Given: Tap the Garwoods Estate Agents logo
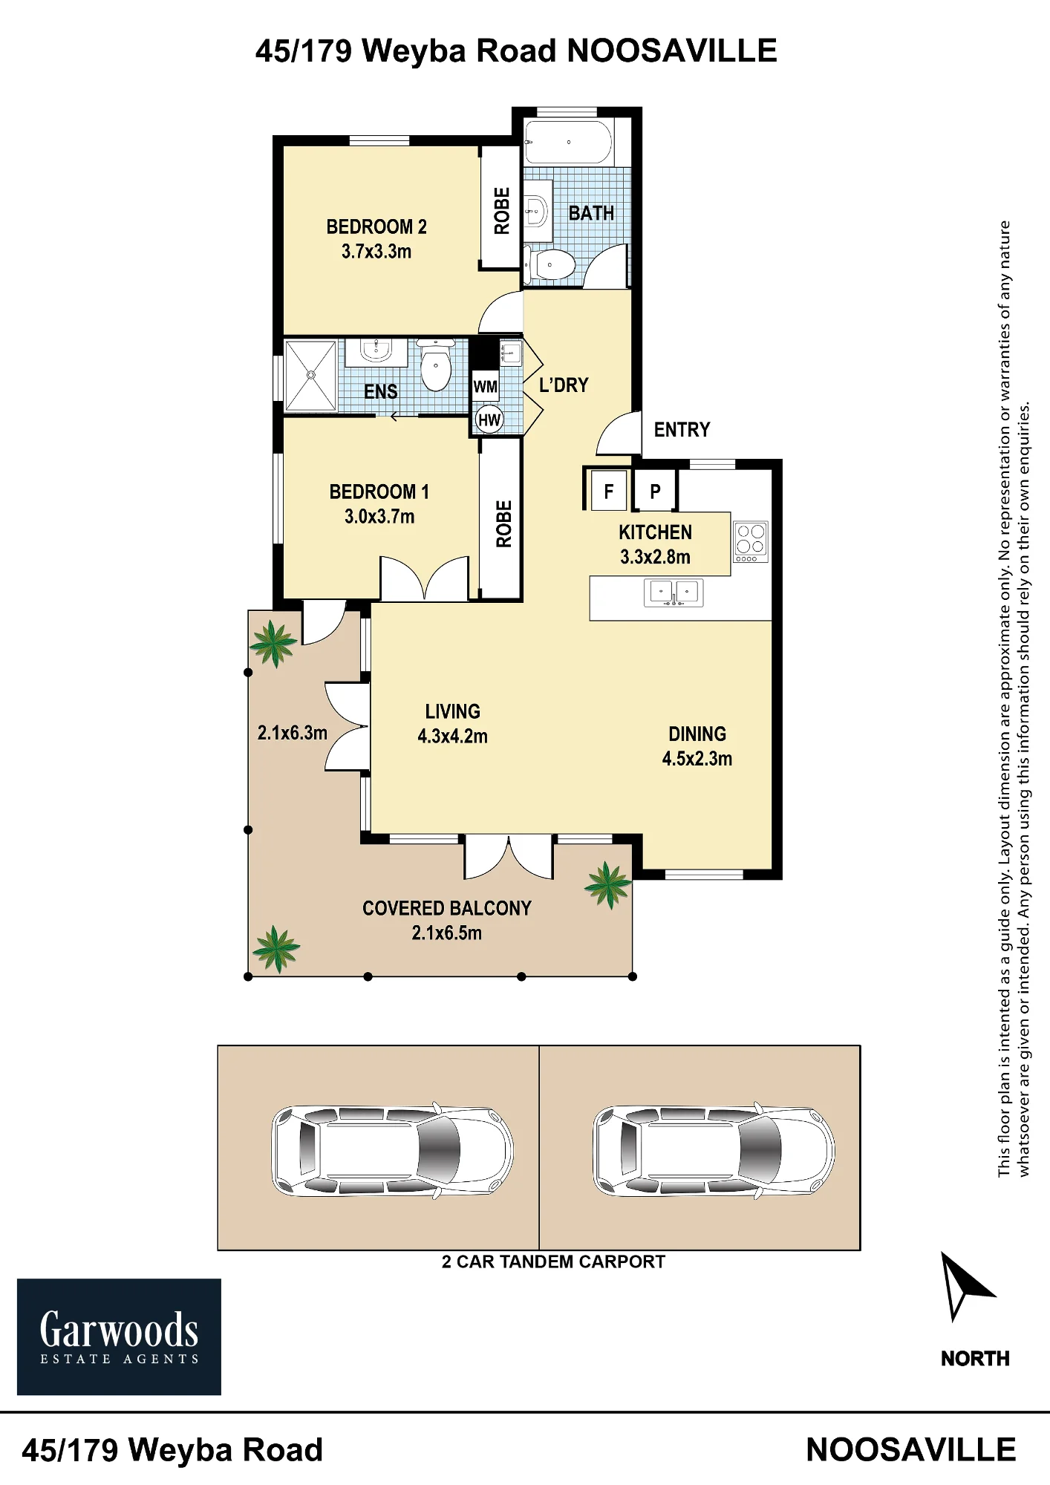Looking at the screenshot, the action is tap(119, 1336).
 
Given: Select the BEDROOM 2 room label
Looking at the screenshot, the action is tap(376, 226).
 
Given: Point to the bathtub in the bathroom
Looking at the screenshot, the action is tap(569, 142).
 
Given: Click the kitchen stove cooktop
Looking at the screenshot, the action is tap(750, 542).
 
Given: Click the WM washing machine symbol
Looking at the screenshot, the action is tap(486, 387).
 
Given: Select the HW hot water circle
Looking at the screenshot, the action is tap(489, 420).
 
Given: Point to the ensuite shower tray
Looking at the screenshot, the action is tap(310, 375).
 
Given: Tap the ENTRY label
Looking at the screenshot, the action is tap(682, 429).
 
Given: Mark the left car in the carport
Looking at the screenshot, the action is tap(393, 1150).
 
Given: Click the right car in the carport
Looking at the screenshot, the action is tap(714, 1150).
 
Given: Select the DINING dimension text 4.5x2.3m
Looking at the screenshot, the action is tap(697, 759).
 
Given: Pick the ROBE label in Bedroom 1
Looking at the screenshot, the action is tap(503, 523).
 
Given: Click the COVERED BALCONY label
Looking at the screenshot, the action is tap(447, 908).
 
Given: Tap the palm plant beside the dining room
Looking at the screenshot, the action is tap(609, 885).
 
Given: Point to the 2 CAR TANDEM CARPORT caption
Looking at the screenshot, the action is tap(553, 1262).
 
